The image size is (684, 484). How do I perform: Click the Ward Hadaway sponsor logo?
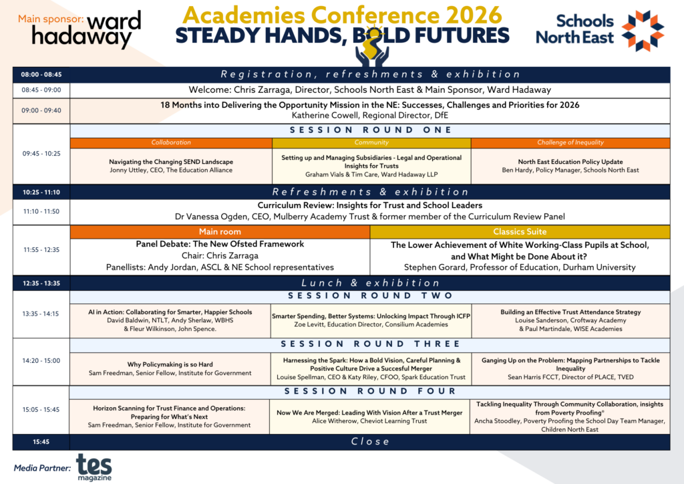[x=86, y=29]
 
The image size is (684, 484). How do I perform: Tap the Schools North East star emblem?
[x=643, y=30]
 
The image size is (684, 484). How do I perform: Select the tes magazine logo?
[x=94, y=467]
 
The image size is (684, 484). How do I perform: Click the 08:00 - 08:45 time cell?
[x=41, y=75]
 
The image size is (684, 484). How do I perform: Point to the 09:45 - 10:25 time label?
[x=41, y=154]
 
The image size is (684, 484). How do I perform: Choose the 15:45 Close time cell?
[x=41, y=442]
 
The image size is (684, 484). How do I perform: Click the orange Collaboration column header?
[x=171, y=142]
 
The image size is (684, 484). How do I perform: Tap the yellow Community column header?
[x=371, y=142]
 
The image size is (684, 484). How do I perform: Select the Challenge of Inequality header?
[x=570, y=142]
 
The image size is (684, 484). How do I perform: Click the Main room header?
[x=220, y=232]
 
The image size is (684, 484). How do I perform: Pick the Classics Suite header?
[x=520, y=232]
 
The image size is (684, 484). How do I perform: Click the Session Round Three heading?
[x=370, y=344]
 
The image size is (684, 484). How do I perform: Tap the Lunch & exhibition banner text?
[x=370, y=283]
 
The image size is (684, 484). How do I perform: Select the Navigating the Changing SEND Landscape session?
[x=171, y=166]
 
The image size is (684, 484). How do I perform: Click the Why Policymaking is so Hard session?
[x=170, y=369]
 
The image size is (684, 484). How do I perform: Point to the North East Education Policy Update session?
[x=570, y=166]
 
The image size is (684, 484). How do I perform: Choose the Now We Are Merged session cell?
[x=369, y=416]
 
